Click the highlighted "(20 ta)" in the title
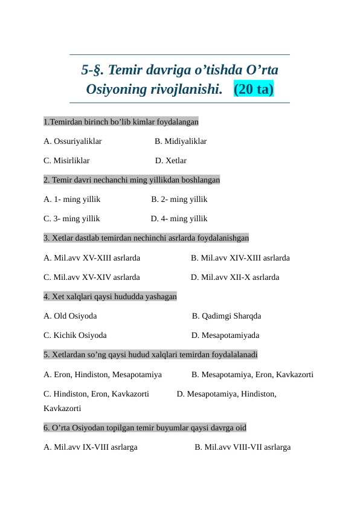point(253,89)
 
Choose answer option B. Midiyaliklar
point(181,141)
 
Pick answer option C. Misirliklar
point(66,161)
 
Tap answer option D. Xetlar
point(171,161)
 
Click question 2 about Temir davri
point(132,180)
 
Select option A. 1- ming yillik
point(72,199)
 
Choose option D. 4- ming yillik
point(179,219)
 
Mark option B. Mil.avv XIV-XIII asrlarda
point(240,258)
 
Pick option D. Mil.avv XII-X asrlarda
point(235,277)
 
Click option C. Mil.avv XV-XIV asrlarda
point(92,277)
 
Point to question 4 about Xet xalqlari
point(110,297)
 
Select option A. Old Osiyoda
point(70,316)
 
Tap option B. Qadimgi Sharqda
point(227,316)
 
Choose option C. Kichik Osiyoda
point(75,336)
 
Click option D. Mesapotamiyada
point(225,336)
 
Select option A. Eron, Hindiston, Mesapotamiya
point(103,375)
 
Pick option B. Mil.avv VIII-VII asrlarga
point(242,448)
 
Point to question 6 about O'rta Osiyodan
point(145,428)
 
